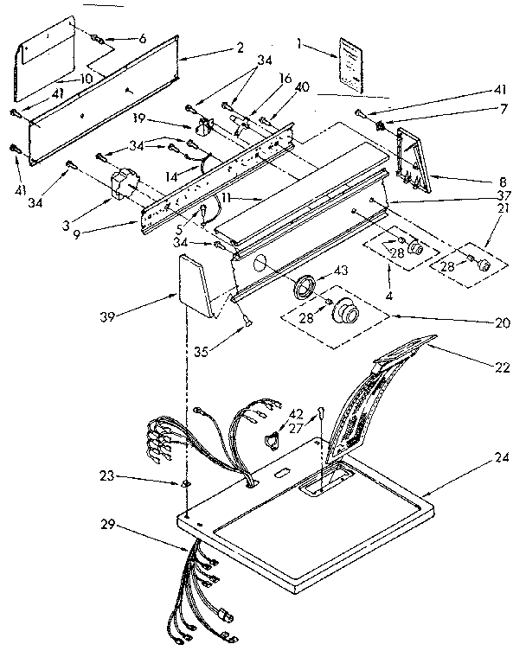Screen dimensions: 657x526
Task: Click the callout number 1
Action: (298, 43)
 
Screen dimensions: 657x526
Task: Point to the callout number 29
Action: (107, 525)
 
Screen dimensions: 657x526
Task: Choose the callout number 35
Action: (201, 353)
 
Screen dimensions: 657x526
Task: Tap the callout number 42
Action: (296, 414)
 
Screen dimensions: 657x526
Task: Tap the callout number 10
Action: (87, 79)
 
